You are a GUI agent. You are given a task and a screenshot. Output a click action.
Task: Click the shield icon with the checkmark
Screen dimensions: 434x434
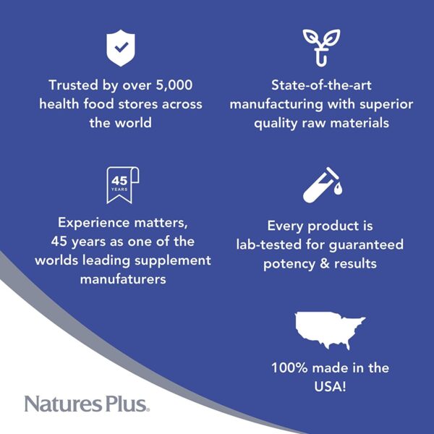point(121,48)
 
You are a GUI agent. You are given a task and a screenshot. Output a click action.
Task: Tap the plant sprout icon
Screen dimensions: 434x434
point(321,48)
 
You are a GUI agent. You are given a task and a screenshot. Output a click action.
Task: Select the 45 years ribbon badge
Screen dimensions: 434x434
point(123,185)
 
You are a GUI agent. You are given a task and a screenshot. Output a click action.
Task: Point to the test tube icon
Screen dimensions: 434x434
point(321,185)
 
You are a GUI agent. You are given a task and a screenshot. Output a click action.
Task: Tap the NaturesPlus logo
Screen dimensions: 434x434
point(87,404)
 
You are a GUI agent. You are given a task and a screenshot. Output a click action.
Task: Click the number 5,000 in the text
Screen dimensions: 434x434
point(174,85)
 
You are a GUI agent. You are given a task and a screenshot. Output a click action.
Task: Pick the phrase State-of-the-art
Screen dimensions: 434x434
point(321,85)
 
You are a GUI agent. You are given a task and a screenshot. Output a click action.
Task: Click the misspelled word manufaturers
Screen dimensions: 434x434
point(123,279)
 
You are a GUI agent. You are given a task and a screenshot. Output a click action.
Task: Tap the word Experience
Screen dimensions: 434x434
point(93,223)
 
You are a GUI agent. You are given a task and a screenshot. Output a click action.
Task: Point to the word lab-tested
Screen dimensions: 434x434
point(269,244)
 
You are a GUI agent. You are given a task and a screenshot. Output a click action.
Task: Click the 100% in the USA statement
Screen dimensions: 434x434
point(289,368)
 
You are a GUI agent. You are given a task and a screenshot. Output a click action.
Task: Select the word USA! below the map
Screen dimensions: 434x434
point(330,386)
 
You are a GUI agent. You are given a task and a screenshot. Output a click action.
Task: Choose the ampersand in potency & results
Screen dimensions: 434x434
point(324,263)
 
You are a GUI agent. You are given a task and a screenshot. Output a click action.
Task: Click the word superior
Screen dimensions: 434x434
point(386,105)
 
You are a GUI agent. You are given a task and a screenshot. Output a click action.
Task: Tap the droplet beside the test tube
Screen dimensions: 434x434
point(338,189)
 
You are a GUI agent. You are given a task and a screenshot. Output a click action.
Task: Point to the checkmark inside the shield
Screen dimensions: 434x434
point(122,47)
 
